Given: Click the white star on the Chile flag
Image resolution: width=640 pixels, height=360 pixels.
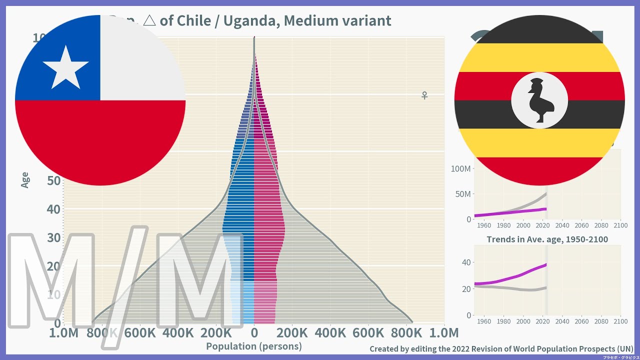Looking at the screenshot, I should click(65, 67).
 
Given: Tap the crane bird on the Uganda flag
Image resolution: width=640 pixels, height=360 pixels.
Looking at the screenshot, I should click(539, 100).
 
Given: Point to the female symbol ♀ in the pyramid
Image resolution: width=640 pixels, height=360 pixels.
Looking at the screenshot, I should click(424, 95).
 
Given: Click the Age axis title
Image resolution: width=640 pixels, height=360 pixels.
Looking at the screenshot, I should click(25, 179).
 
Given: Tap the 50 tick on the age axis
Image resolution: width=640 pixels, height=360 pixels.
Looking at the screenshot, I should click(53, 180).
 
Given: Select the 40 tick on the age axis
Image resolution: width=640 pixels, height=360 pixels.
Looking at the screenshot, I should click(53, 209).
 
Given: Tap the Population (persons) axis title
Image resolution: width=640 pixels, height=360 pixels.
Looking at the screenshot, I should click(254, 346).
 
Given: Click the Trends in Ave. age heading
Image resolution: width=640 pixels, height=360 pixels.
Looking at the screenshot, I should click(547, 239).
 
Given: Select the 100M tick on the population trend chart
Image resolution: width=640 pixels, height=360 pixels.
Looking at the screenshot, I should click(460, 169).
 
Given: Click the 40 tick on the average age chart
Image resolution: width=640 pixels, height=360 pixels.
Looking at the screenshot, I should click(465, 262).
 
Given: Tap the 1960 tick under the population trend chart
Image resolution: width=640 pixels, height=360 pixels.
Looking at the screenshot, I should click(484, 225).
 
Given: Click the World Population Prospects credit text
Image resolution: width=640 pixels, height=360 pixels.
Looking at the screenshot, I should click(501, 348).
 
